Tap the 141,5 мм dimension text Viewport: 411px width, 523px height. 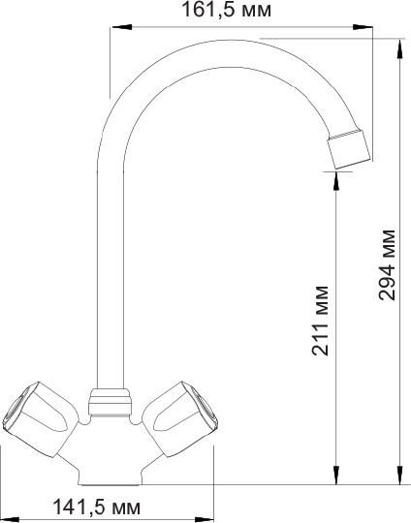click(x=94, y=508)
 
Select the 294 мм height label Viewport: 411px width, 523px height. click(x=387, y=264)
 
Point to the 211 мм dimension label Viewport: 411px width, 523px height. click(x=322, y=321)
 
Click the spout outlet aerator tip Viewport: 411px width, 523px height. click(x=348, y=147)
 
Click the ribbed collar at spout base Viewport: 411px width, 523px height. click(x=110, y=399)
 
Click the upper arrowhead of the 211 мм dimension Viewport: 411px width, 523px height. click(x=335, y=176)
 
